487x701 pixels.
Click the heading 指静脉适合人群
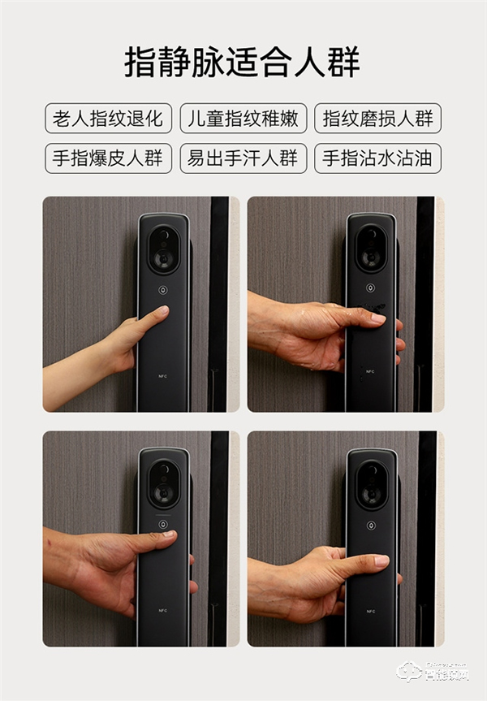pyautogui.click(x=242, y=62)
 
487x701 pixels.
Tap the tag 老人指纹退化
pyautogui.click(x=108, y=119)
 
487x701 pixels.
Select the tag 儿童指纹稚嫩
pyautogui.click(x=243, y=119)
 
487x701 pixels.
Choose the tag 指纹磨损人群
pyautogui.click(x=377, y=119)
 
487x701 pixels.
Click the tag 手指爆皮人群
pyautogui.click(x=108, y=158)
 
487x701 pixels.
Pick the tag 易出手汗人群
pyautogui.click(x=243, y=158)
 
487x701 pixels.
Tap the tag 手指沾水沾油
pyautogui.click(x=377, y=158)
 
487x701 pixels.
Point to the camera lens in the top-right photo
pyautogui.click(x=371, y=249)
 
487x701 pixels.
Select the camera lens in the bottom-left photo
pyautogui.click(x=163, y=485)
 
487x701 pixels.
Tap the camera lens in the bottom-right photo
pyautogui.click(x=371, y=485)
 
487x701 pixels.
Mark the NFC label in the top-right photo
pyautogui.click(x=371, y=371)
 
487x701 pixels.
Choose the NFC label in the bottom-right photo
pyautogui.click(x=371, y=611)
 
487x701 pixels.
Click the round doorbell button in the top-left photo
pyautogui.click(x=163, y=289)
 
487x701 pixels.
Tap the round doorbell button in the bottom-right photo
pyautogui.click(x=371, y=525)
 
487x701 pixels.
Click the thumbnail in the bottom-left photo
pyautogui.click(x=168, y=534)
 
